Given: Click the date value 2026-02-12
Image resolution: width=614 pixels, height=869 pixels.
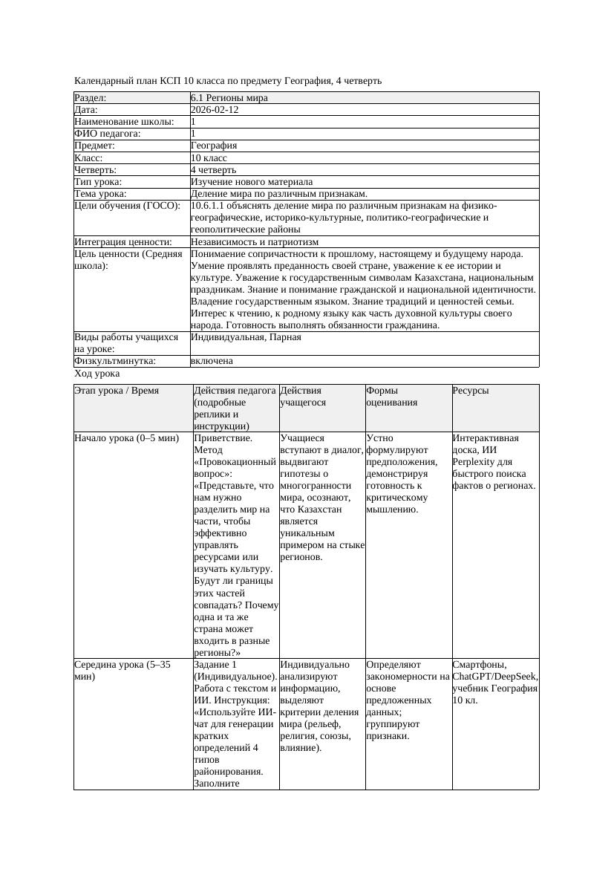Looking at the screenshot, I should tap(215, 110).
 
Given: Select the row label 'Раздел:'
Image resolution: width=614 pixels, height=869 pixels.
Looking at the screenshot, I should tap(91, 98).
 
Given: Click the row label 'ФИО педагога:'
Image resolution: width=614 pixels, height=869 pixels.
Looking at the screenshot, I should tap(108, 134).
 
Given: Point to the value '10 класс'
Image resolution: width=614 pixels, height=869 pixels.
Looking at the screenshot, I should tap(209, 157).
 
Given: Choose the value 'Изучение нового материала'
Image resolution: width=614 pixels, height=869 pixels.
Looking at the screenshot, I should tap(252, 181).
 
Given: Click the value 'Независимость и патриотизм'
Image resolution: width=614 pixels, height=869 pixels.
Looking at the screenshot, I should tap(255, 241).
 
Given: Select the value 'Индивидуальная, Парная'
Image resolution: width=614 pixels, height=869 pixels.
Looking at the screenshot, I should tap(246, 337).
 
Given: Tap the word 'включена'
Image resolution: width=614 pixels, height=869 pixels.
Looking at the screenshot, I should tap(212, 361).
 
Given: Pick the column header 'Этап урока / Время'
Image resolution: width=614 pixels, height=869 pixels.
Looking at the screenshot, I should tap(117, 390).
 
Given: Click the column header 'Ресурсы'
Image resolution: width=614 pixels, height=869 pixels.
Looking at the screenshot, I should tap(471, 390).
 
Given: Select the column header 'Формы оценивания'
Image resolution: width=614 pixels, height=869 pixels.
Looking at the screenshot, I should tap(391, 396).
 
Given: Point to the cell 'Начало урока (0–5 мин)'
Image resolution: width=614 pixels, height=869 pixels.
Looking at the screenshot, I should tap(127, 438).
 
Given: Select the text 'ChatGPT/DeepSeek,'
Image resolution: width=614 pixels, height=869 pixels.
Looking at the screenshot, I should tap(495, 677).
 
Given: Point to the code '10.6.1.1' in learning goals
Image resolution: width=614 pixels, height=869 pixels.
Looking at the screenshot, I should tap(209, 206).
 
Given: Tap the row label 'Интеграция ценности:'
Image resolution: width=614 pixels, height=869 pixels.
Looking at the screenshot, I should tap(123, 241).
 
